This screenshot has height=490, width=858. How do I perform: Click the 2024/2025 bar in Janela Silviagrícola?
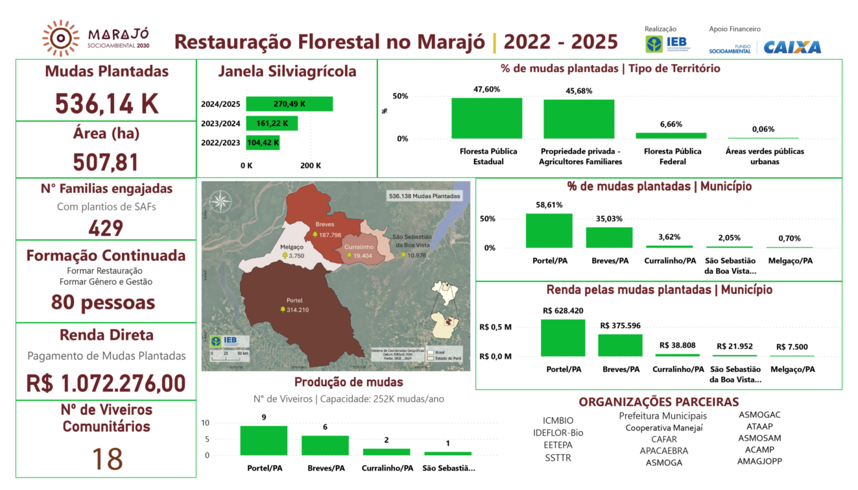coord(289,104)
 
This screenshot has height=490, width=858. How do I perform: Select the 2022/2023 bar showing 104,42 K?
coord(263,143)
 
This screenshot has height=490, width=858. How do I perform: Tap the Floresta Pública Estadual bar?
coord(486,118)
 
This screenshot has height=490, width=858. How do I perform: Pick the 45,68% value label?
coord(578,91)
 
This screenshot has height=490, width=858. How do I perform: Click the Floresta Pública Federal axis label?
coord(672,156)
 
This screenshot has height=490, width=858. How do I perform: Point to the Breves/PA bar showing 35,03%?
coord(609,238)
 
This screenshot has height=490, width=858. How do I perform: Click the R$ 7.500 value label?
coord(792,347)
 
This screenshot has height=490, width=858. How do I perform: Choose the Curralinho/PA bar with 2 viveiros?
coord(386,452)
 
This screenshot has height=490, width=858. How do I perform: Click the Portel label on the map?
coord(294,300)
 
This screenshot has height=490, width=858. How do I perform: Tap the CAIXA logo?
coord(792,47)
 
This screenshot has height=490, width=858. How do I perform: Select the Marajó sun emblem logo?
coord(61,38)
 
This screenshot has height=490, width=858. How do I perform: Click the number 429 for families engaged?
coord(106,228)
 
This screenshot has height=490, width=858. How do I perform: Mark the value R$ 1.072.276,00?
coord(106,383)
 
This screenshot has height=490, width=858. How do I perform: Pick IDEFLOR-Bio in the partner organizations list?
coord(558,433)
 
